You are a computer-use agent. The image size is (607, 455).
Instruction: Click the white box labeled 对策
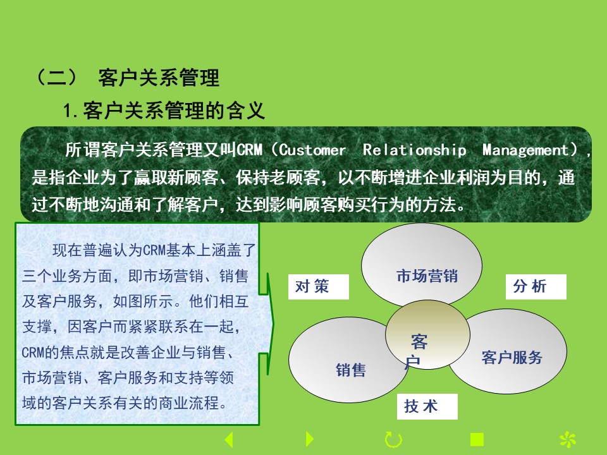coord(318,287)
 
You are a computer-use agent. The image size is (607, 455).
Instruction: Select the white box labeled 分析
coord(536,287)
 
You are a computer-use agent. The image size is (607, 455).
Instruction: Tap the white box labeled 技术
coord(427,406)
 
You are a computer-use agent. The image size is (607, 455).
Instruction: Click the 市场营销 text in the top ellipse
coord(427,276)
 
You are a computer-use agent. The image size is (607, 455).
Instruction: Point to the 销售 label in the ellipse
coord(351,370)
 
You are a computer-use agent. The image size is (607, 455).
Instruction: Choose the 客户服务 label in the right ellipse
coord(512,358)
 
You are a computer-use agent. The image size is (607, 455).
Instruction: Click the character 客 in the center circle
coord(419,342)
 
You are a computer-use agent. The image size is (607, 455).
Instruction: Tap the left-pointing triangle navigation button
coord(229,440)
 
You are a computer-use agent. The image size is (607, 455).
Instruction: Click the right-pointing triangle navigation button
coord(310,439)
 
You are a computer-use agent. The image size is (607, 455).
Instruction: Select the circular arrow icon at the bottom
coord(393,440)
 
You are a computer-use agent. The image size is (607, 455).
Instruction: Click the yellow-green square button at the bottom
coord(477,440)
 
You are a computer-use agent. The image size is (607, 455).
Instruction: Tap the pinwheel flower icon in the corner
coord(568,440)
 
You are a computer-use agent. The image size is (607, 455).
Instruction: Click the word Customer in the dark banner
coord(312,150)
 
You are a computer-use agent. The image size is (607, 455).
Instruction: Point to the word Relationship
coord(415,150)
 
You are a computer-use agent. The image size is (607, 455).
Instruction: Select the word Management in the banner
coord(525,150)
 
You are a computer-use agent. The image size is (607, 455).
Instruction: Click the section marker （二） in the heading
coord(57,77)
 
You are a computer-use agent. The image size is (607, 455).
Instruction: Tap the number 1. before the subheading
coord(71,111)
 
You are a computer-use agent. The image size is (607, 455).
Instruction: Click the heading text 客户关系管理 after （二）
coord(159,78)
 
